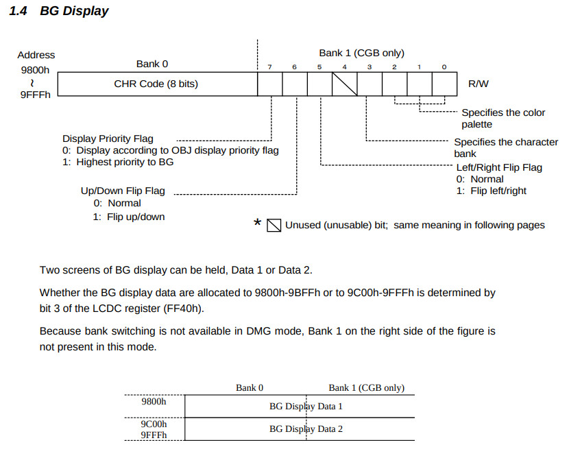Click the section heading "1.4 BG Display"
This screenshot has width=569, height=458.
click(58, 11)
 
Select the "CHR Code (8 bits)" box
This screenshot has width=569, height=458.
click(156, 84)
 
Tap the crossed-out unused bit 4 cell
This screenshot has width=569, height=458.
click(345, 84)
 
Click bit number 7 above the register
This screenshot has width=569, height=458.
click(269, 67)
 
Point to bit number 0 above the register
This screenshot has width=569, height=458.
click(444, 67)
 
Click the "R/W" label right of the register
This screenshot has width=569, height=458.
click(478, 84)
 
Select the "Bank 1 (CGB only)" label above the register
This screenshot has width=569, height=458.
click(361, 53)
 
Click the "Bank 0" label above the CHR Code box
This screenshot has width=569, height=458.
click(152, 64)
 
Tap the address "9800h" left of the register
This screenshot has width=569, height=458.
click(36, 69)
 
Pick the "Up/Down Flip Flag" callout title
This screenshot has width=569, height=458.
click(123, 191)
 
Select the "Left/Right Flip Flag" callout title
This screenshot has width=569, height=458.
click(499, 167)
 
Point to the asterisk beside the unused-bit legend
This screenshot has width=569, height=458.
click(258, 224)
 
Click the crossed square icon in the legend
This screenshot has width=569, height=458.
click(274, 225)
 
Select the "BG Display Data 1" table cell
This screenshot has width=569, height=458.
click(306, 406)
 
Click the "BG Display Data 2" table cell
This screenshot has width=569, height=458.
click(306, 429)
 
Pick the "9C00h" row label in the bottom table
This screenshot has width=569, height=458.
click(154, 424)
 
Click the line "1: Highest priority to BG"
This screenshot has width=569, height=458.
click(118, 162)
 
